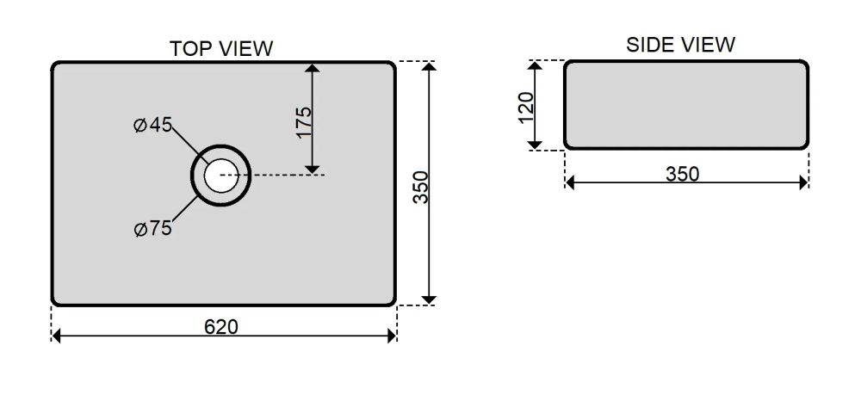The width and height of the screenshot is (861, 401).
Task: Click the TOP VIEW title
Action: (x=220, y=49)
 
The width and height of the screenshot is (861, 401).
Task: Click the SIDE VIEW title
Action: (x=680, y=45)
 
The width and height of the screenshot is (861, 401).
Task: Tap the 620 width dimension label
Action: (x=221, y=327)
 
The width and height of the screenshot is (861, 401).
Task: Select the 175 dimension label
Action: (x=304, y=122)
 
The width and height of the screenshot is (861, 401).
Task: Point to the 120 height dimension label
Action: (x=526, y=108)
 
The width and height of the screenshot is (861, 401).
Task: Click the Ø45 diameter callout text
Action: (x=152, y=125)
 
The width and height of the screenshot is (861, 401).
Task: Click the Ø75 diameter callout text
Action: (x=152, y=229)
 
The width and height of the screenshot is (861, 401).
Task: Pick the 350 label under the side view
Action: (x=683, y=174)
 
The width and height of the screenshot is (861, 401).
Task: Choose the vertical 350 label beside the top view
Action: (x=421, y=187)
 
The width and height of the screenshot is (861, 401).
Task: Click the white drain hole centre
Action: (x=220, y=176)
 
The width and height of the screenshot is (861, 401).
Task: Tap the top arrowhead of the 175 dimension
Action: (x=312, y=68)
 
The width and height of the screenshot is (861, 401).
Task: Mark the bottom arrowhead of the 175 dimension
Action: (x=312, y=169)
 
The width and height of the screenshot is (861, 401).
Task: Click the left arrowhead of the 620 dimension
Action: (x=56, y=336)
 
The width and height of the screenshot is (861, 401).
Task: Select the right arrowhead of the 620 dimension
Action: (x=392, y=336)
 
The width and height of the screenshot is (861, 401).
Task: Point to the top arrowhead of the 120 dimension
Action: (x=535, y=65)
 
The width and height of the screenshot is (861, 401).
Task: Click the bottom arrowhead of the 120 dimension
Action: (x=535, y=145)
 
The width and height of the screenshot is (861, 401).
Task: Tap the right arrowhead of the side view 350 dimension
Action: (x=803, y=182)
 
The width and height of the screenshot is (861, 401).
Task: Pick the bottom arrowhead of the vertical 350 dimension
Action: (x=429, y=299)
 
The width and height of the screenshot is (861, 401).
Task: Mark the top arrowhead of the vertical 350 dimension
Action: (x=429, y=67)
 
